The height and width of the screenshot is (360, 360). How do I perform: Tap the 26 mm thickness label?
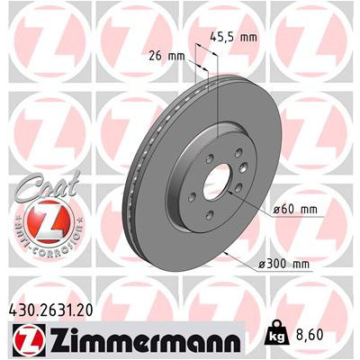[x=167, y=55]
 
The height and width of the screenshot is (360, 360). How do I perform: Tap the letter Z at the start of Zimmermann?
[x=51, y=343]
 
